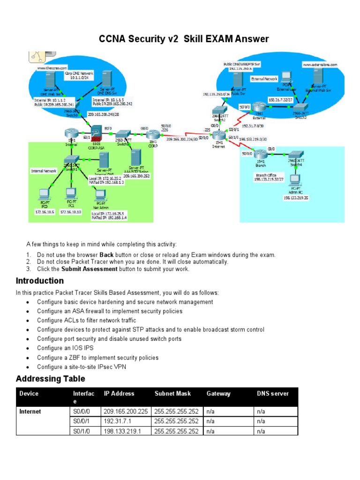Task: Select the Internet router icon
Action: click(219, 136)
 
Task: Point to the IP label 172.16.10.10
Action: click(71, 212)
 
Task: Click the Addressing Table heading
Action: click(50, 378)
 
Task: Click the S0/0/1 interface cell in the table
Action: click(80, 421)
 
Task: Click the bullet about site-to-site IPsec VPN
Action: click(82, 367)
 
